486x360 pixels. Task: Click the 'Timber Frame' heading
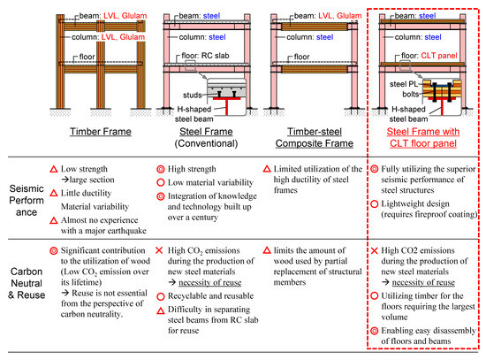[x=101, y=132]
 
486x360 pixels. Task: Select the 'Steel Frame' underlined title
[x=206, y=132]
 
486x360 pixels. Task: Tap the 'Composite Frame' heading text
[x=315, y=143]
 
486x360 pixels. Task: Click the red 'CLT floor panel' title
[x=423, y=143]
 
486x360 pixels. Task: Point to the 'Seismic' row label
[x=27, y=188]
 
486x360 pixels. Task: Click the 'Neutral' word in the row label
[x=27, y=283]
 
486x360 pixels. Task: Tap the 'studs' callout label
[x=192, y=95]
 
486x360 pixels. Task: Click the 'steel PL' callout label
[x=404, y=84]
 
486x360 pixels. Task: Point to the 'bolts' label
[x=411, y=94]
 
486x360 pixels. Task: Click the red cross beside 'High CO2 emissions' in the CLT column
[x=375, y=250]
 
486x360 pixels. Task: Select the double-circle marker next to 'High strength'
[x=161, y=169]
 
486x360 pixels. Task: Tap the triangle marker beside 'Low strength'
[x=54, y=169]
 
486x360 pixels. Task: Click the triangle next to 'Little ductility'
[x=54, y=193]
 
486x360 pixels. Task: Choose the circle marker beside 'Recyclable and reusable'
[x=161, y=296]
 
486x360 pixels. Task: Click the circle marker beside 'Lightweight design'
[x=375, y=204]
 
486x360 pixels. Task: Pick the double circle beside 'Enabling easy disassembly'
[x=375, y=331]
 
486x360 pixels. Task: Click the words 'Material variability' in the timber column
[x=95, y=206]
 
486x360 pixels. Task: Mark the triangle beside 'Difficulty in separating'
[x=161, y=310]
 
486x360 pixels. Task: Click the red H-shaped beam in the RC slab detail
[x=226, y=105]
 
